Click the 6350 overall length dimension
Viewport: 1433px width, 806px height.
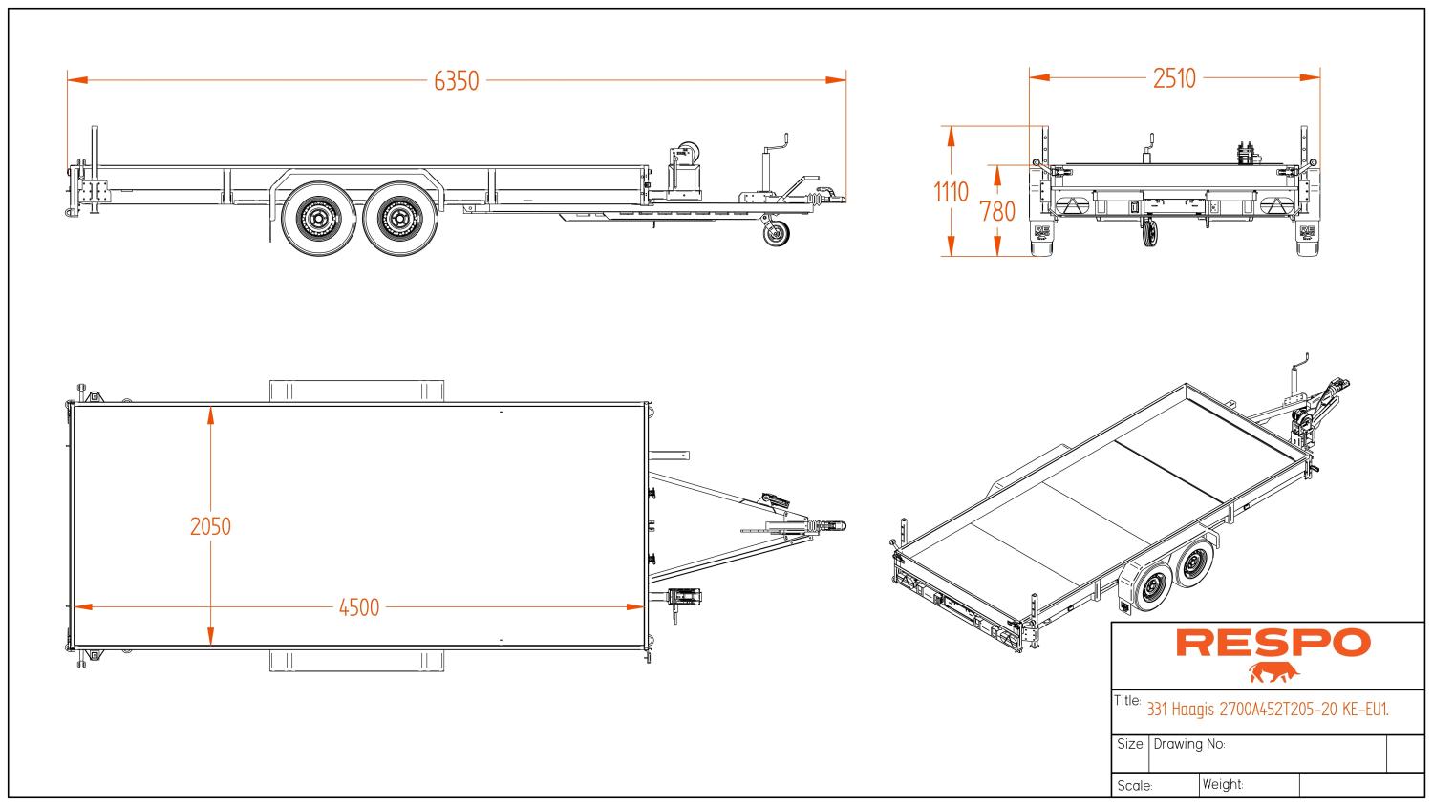[x=456, y=81]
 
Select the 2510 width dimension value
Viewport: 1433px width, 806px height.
[x=1174, y=79]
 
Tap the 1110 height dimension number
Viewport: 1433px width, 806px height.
[x=951, y=192]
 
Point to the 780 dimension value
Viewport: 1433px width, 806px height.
[x=997, y=211]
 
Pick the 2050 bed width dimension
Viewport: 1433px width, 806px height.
[x=210, y=526]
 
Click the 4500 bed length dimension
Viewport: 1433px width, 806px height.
[x=359, y=607]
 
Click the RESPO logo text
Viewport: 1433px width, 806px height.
[x=1272, y=644]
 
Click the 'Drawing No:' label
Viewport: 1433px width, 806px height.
[x=1189, y=744]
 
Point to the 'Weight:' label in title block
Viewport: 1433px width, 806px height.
[x=1223, y=784]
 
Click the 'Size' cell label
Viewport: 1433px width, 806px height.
[x=1129, y=744]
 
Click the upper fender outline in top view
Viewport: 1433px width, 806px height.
[x=358, y=390]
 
